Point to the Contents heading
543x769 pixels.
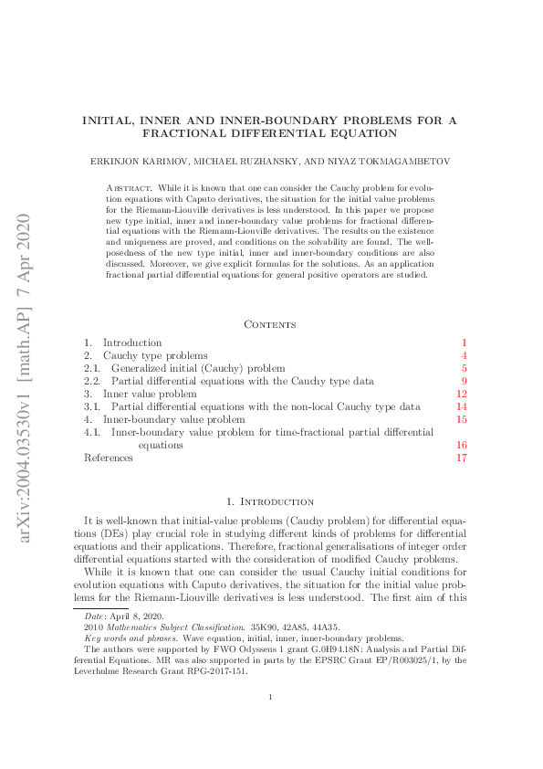tap(270, 324)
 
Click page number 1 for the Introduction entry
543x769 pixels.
tap(464, 342)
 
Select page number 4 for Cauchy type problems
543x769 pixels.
tap(464, 355)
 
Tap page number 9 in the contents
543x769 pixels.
tap(464, 381)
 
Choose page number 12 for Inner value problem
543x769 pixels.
tap(461, 394)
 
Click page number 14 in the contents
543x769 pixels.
tap(461, 406)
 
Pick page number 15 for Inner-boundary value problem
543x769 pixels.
tap(461, 419)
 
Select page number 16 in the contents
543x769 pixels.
tap(461, 445)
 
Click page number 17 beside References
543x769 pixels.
tap(461, 458)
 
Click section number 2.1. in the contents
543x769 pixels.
tap(91, 368)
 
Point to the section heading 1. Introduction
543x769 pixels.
tap(270, 501)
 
